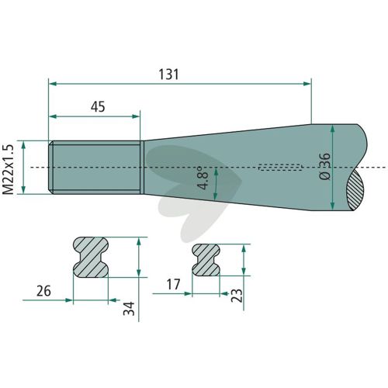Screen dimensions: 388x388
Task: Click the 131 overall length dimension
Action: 168,74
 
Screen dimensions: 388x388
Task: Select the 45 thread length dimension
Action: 98,106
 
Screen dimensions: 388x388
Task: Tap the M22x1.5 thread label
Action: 9,170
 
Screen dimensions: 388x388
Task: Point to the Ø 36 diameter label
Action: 325,166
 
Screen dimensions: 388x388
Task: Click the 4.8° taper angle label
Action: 203,178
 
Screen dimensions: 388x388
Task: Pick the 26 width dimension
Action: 43,291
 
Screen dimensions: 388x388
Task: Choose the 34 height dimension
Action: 129,309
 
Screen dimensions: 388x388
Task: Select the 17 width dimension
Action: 173,285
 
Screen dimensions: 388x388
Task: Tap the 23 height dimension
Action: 237,296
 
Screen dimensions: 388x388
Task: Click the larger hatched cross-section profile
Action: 91,257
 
